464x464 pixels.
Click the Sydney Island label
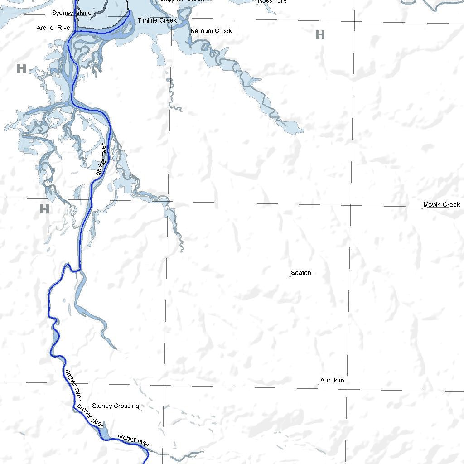click(72, 13)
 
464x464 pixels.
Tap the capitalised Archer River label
click(54, 28)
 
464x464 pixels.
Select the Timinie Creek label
click(157, 21)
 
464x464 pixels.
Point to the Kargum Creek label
click(211, 31)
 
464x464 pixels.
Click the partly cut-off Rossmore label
click(272, 1)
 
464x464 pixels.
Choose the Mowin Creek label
click(441, 205)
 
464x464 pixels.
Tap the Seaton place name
click(301, 273)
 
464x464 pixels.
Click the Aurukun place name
click(332, 381)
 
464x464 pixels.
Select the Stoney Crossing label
click(116, 406)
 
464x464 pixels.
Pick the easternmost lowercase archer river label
click(134, 440)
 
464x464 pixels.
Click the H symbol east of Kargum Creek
click(320, 35)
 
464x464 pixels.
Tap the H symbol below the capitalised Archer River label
click(21, 69)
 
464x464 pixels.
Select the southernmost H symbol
click(44, 209)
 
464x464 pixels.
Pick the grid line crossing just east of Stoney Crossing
click(164, 385)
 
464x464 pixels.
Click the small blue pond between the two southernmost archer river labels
click(104, 430)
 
